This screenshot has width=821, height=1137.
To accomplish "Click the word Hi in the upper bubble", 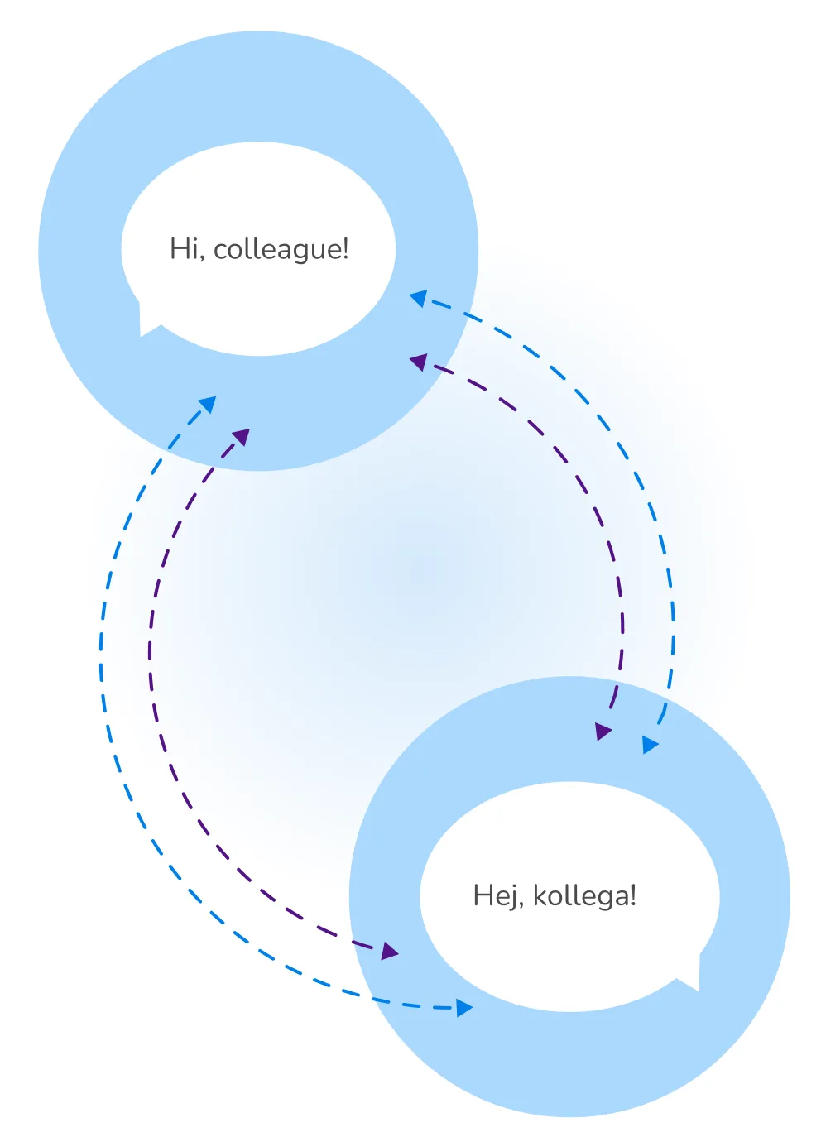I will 184,249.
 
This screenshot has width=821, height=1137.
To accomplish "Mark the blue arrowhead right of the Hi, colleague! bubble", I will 419,297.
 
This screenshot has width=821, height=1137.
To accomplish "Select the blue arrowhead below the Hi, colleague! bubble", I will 208,404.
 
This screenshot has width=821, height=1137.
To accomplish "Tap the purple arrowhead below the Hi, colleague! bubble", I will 241,436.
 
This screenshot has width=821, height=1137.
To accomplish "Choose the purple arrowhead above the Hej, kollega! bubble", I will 603,732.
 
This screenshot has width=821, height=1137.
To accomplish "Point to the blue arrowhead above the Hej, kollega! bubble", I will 650,745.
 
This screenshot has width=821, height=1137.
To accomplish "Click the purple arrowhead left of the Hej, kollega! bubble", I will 390,952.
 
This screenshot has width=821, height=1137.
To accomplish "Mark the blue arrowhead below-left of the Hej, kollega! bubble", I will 464,1007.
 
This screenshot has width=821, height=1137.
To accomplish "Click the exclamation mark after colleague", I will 345,248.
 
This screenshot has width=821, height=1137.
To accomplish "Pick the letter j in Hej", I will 515,898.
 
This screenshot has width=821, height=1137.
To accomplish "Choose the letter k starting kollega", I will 539,895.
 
